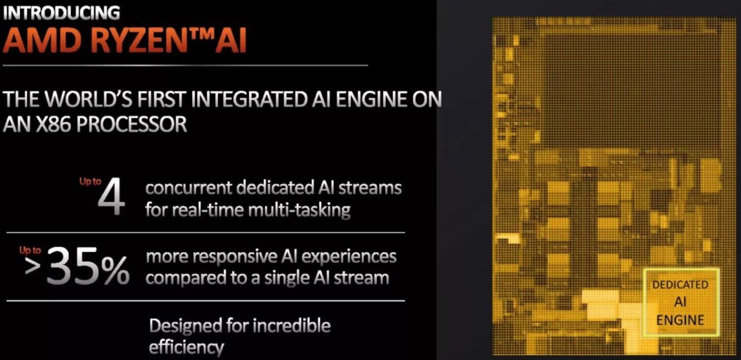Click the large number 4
click(111, 197)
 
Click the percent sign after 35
click(114, 269)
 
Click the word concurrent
click(189, 188)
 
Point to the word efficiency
click(186, 348)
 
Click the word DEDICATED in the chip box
click(680, 285)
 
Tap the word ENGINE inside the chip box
click(680, 320)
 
